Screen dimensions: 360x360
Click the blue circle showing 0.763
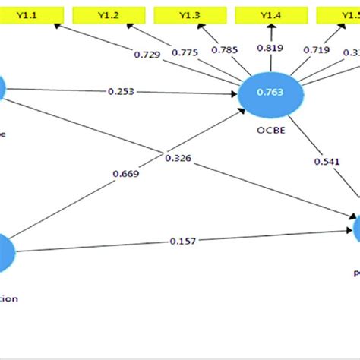click(270, 94)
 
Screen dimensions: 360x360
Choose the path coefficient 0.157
click(182, 242)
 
